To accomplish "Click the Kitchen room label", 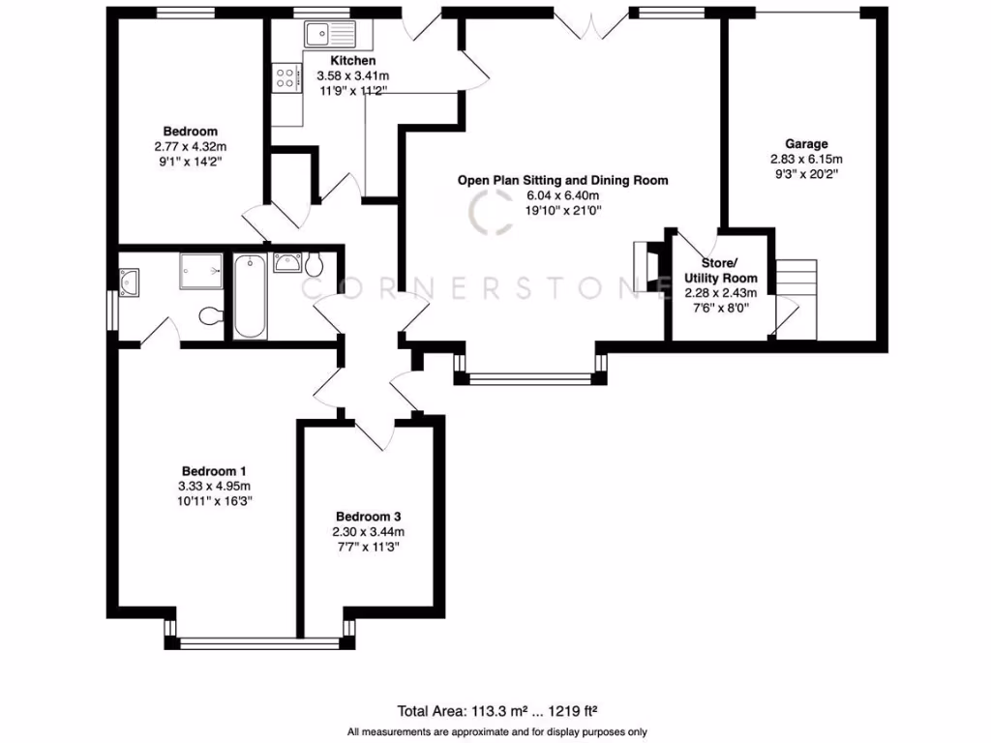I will coord(353,61).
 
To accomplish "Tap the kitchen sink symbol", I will coord(330,35).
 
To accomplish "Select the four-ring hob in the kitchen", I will coord(285,77).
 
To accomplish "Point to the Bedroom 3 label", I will coord(369,516).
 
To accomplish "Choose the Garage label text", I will coord(806,144).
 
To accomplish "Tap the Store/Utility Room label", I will coord(721,271).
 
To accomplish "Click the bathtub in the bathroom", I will coord(250,295).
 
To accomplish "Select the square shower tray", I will coord(201,272).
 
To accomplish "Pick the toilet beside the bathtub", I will coord(315,263).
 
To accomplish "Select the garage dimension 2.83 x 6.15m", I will coord(806,160).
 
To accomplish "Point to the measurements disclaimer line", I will coord(496,731).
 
